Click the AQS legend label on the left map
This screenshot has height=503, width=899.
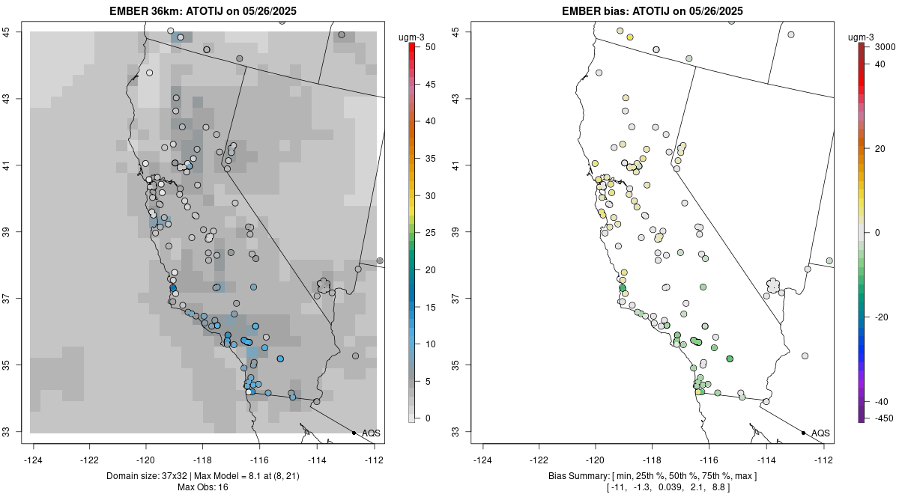pyautogui.click(x=371, y=433)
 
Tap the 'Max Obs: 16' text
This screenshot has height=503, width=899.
pyautogui.click(x=202, y=487)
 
